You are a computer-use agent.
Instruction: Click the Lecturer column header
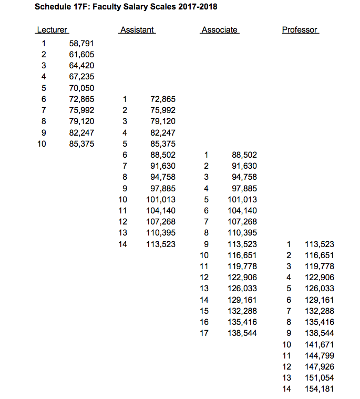pos(52,30)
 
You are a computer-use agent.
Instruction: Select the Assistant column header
pos(137,30)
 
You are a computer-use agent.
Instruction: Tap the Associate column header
pos(220,30)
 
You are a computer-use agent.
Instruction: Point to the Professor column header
pos(300,30)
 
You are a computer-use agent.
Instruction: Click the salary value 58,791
pos(81,43)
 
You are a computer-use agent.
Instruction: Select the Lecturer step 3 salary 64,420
pos(81,66)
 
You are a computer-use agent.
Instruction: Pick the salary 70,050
pos(81,88)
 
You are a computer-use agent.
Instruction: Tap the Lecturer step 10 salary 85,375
pos(81,144)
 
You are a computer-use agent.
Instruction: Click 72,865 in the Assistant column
pos(163,99)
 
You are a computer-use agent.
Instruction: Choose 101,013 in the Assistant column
pos(161,199)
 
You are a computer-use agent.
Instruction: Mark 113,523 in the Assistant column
pos(161,244)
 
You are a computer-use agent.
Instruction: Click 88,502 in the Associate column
pos(244,155)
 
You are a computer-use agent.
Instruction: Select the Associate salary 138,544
pos(242,333)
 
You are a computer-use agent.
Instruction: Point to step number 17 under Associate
pos(205,333)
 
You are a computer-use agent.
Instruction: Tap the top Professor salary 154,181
pos(320,388)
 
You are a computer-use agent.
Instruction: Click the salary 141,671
pos(320,344)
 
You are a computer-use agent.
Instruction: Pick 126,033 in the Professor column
pos(320,289)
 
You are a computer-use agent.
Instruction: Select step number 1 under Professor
pos(289,244)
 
